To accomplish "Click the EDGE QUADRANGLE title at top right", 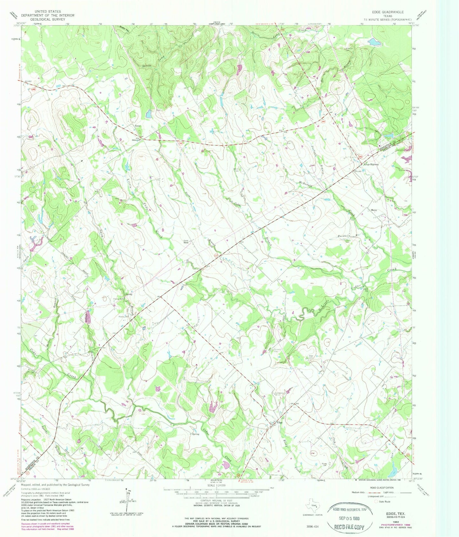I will coord(388,12).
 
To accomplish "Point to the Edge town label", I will coord(280,422).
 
